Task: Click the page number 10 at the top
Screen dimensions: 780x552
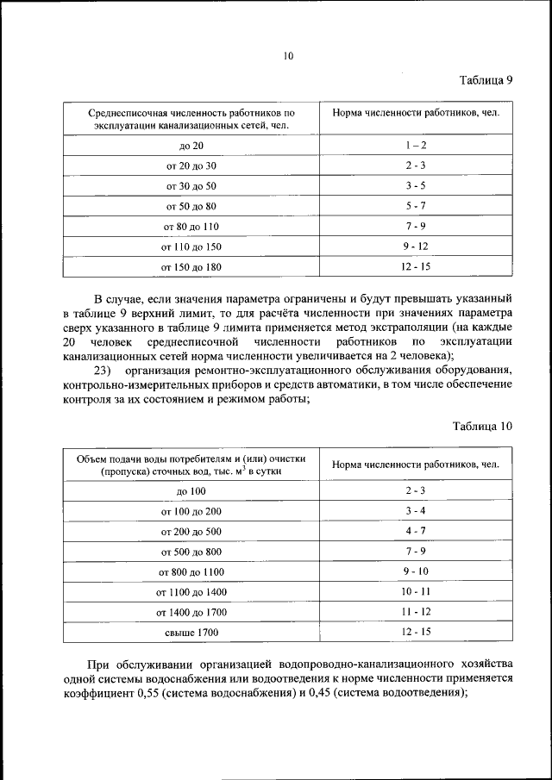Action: click(288, 57)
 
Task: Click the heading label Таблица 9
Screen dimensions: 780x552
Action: click(486, 80)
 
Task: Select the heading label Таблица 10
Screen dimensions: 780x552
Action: click(483, 426)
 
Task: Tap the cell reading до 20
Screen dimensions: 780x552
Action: click(191, 146)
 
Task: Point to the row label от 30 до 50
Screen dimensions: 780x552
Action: click(191, 186)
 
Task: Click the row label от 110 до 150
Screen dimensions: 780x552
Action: click(191, 247)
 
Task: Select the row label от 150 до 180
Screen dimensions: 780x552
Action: click(191, 267)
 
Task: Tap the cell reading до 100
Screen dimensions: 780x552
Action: click(191, 490)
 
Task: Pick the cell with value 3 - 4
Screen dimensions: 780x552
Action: click(415, 510)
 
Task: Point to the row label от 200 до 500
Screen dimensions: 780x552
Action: click(191, 532)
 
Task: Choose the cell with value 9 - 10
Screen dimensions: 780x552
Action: click(415, 571)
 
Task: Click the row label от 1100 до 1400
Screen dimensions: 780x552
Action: click(191, 593)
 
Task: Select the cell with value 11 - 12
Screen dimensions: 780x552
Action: click(415, 612)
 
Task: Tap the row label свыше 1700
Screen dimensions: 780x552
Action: click(191, 633)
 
